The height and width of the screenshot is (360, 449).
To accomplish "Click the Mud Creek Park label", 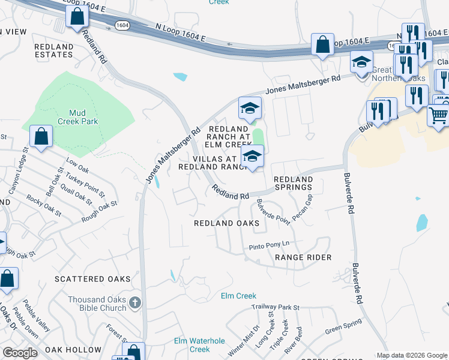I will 83,116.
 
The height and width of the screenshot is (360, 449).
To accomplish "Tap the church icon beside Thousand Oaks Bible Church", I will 135,303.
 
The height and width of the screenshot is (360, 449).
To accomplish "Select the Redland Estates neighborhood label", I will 53,50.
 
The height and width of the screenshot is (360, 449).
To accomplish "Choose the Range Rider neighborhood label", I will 303,257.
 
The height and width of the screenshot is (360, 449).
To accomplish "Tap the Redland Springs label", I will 294,184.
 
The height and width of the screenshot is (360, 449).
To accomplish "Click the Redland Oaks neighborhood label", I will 226,223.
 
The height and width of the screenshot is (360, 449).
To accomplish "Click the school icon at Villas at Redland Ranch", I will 253,157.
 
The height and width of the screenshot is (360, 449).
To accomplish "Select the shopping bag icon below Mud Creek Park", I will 41,136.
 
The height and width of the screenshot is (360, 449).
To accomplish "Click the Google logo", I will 20,353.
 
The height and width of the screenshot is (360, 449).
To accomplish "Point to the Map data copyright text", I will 411,355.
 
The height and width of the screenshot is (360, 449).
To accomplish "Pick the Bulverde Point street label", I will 274,211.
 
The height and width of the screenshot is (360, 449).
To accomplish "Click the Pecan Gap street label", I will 303,207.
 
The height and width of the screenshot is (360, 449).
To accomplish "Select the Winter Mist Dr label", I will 252,338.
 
